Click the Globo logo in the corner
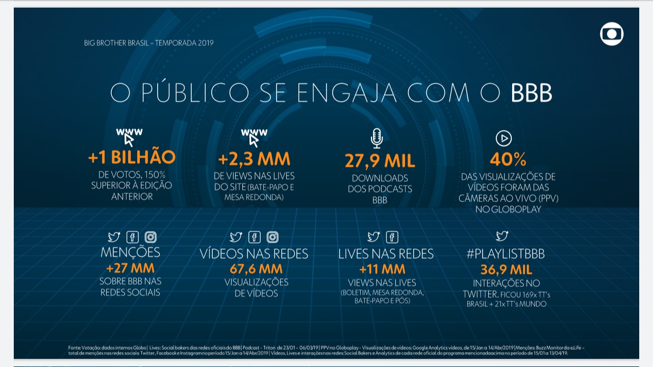tap(612, 34)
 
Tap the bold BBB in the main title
tap(532, 93)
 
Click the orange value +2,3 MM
tap(254, 159)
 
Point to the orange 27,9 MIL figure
tap(380, 161)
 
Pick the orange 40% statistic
tap(508, 160)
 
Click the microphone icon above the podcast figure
tap(376, 138)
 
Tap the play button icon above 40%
tap(504, 138)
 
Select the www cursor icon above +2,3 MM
tap(254, 137)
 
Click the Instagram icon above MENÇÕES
tap(150, 237)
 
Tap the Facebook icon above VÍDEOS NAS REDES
tap(254, 237)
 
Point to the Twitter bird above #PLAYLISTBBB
tap(502, 236)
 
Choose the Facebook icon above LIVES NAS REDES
tap(392, 237)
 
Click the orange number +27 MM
tap(130, 268)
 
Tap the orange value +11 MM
tap(382, 269)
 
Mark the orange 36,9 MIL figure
tap(506, 270)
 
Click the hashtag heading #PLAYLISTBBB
tap(506, 254)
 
